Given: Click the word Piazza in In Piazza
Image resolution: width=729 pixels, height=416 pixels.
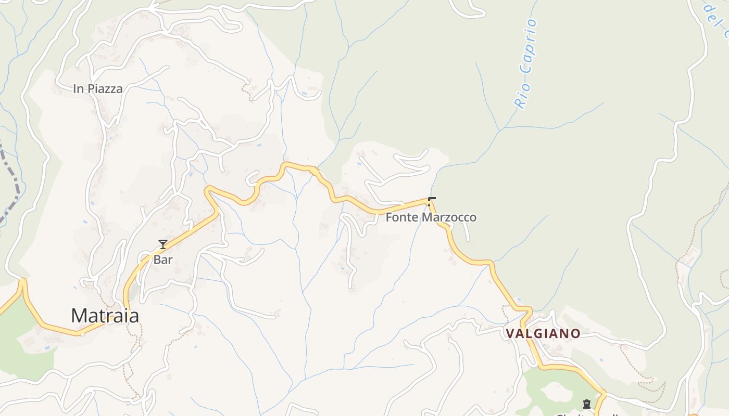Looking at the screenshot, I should coord(105,89).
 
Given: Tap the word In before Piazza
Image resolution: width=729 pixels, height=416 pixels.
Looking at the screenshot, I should coord(78,89).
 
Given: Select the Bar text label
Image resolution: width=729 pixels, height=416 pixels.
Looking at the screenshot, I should coord(162,259).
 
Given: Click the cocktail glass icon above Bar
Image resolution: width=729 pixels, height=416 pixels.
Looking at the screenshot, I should coord(163,244).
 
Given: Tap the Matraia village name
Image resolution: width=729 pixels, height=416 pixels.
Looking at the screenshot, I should coord(105,316).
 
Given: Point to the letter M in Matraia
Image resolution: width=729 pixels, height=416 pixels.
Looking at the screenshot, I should coord(79,316).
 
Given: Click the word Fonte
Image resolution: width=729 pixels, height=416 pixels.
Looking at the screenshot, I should coord(402,217).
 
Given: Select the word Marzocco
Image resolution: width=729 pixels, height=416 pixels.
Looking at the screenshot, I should coord(449,217).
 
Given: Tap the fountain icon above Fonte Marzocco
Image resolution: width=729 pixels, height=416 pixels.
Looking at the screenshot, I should coord(431,201).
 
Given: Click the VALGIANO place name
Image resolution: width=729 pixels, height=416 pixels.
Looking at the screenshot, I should coord(543,333).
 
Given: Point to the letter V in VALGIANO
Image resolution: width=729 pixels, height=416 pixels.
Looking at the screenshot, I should coord(510,333).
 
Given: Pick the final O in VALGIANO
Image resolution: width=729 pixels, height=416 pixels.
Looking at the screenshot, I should coord(576,333).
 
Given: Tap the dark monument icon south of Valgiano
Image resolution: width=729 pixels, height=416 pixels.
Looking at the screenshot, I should coord(587,404).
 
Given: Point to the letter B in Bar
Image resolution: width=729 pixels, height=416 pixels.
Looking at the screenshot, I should coord(156,259).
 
